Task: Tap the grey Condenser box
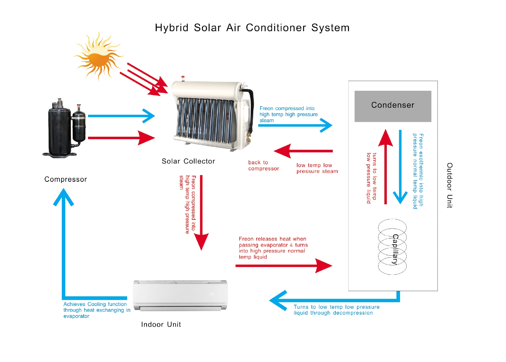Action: (393, 106)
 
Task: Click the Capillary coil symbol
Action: (392, 247)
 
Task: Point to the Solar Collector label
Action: (188, 161)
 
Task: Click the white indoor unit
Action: (180, 296)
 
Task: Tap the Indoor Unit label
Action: (161, 324)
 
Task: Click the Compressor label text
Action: (66, 179)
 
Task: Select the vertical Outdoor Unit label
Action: (450, 185)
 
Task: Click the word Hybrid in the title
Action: (172, 28)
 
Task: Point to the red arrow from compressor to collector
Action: (121, 138)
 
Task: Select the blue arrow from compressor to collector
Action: (121, 116)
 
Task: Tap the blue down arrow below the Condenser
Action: (400, 167)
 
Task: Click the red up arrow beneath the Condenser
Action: (386, 167)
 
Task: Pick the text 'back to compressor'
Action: (263, 166)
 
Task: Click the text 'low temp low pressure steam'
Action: (317, 168)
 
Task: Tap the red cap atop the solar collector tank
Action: (183, 77)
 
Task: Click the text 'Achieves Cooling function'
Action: (95, 304)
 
